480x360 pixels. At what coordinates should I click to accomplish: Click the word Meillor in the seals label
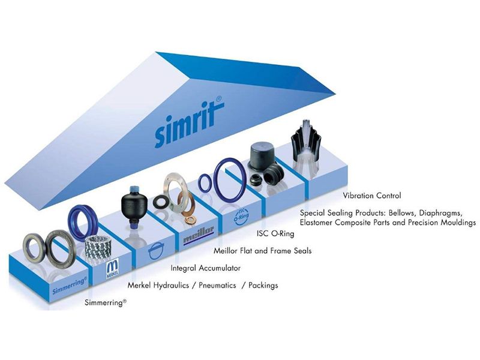point(227,250)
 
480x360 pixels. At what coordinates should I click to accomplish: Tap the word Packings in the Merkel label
point(264,286)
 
